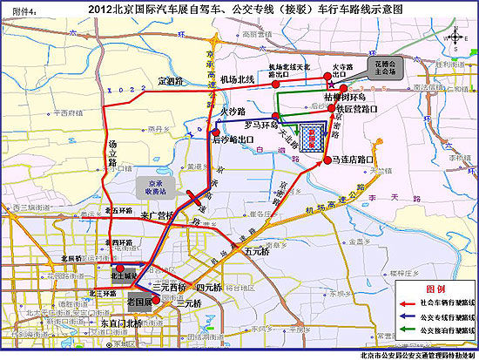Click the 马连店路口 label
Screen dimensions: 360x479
[353, 160]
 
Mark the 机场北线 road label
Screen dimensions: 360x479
[235, 79]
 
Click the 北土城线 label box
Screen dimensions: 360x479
[125, 274]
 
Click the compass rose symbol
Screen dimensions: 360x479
[454, 38]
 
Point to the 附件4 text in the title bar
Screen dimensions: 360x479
[20, 10]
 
